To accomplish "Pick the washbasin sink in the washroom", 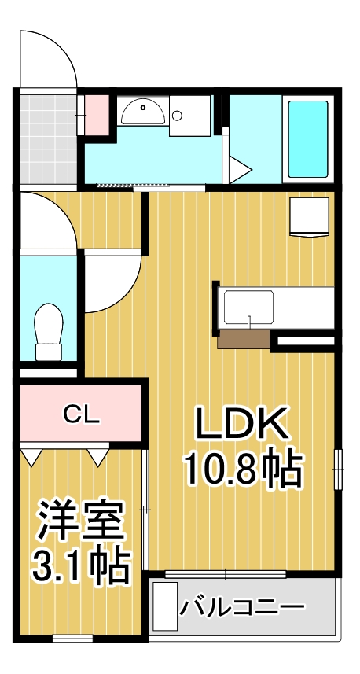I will [x=142, y=112].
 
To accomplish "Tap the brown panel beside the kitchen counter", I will [x=244, y=339].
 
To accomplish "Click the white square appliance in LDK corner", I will [x=310, y=216].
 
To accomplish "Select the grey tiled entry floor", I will [x=49, y=139].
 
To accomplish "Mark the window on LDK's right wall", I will [x=338, y=470].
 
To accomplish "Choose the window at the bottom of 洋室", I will [x=73, y=639].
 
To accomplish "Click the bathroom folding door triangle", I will [x=238, y=167].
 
